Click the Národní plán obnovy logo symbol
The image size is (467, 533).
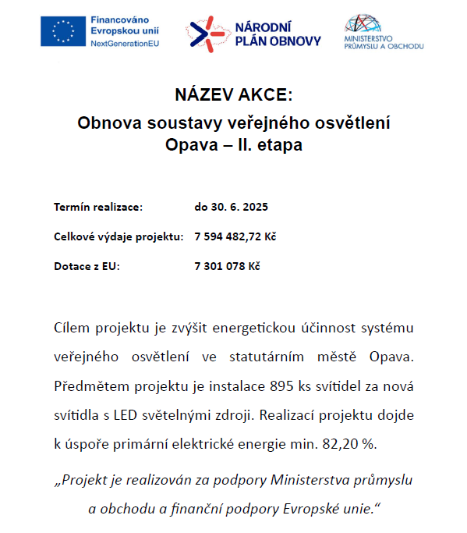(x=207, y=31)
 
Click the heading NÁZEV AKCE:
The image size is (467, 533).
(x=233, y=96)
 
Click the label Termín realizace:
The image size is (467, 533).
(x=98, y=207)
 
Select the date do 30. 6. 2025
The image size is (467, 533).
(x=231, y=207)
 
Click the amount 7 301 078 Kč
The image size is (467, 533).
(x=227, y=266)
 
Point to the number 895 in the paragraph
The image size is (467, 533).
(x=281, y=386)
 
